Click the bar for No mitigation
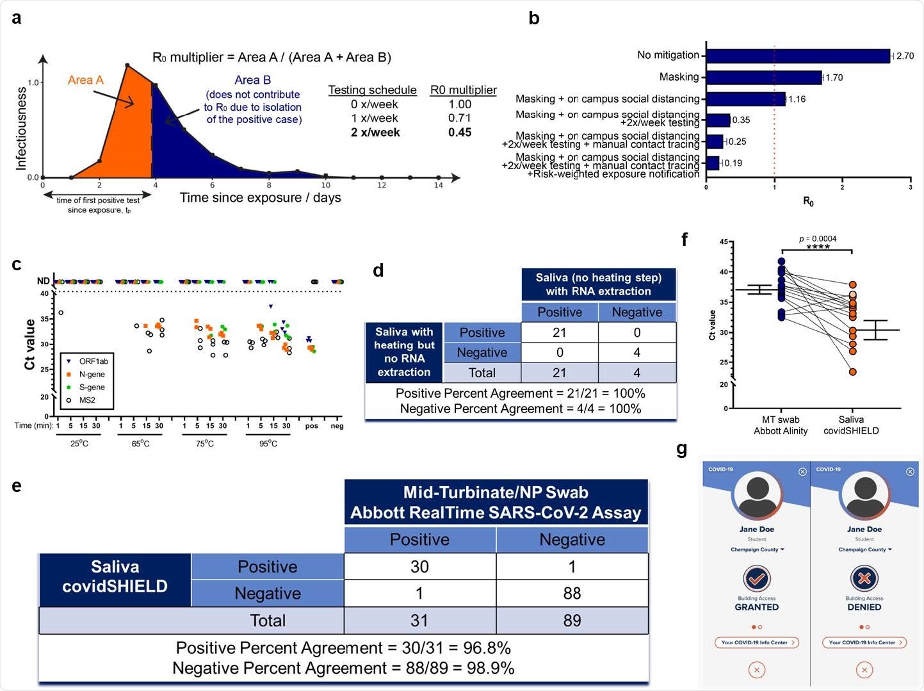point(797,56)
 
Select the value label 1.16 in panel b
point(797,99)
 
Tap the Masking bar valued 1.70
point(763,77)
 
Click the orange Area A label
point(85,80)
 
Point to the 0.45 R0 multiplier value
point(460,133)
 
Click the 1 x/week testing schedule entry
point(375,118)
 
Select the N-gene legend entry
point(92,375)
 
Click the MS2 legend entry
point(87,400)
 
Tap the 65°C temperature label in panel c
point(140,444)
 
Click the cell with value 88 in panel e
point(572,594)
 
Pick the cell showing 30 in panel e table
point(419,567)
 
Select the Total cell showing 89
point(572,621)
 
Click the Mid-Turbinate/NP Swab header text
point(496,492)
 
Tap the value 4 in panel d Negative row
point(636,353)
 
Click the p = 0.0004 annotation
point(818,239)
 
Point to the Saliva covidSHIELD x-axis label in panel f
point(851,425)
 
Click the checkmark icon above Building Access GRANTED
point(756,578)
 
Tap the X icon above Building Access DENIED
point(864,578)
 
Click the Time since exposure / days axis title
point(260,198)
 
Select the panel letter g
point(682,450)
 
